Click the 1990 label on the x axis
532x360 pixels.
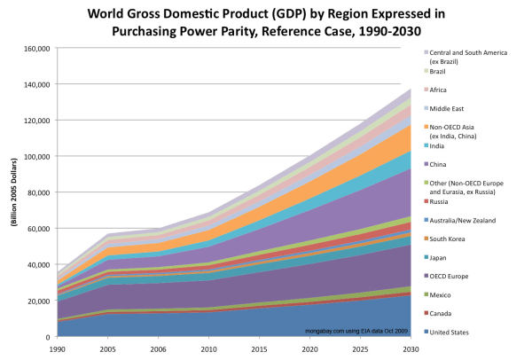(57, 350)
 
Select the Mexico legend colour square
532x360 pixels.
(424, 295)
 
